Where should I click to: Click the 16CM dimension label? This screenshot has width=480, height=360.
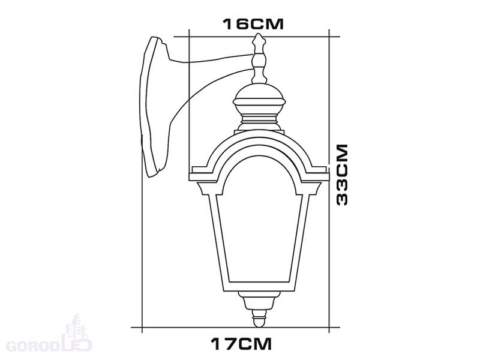[253, 24]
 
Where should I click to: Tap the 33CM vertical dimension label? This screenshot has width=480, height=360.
[342, 175]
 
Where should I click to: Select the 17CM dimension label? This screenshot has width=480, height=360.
[241, 344]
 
